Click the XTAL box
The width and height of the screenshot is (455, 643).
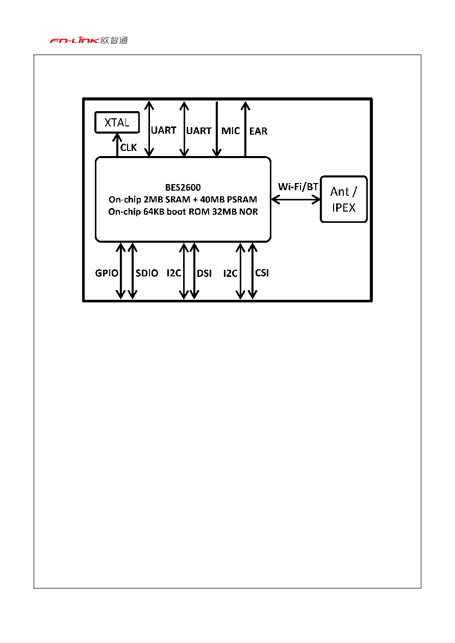click(117, 122)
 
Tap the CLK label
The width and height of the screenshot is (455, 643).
click(129, 147)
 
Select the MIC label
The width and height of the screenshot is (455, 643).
click(231, 131)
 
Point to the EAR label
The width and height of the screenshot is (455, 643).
click(258, 131)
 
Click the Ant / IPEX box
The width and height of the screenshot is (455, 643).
click(344, 199)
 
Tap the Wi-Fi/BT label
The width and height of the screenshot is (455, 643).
click(298, 187)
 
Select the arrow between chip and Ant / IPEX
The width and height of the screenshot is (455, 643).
click(296, 199)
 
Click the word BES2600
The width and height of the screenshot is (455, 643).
click(183, 188)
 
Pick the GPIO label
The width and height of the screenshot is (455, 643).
click(107, 273)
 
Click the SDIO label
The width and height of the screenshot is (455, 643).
click(147, 273)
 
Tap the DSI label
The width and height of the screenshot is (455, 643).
click(204, 273)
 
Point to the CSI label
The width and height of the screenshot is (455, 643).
click(262, 273)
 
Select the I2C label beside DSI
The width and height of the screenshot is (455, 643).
click(173, 273)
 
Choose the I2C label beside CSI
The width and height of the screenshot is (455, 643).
click(230, 273)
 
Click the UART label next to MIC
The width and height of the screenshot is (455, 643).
click(198, 131)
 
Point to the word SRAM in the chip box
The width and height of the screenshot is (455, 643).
click(178, 199)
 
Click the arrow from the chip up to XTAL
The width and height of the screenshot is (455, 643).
click(117, 145)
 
